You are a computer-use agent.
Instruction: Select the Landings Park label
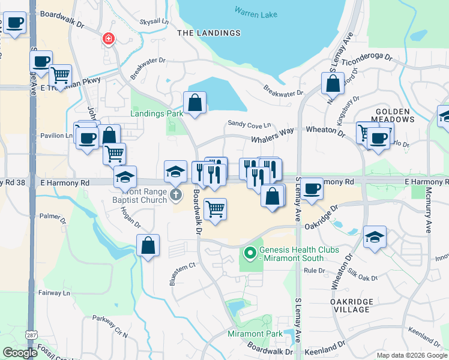pyautogui.click(x=157, y=113)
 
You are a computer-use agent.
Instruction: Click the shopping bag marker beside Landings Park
pyautogui.click(x=195, y=103)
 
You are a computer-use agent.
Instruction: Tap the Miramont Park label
pyautogui.click(x=255, y=334)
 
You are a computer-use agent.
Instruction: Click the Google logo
pyautogui.click(x=20, y=353)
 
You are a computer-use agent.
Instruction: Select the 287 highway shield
pyautogui.click(x=32, y=334)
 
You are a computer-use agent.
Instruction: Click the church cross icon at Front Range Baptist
pyautogui.click(x=176, y=194)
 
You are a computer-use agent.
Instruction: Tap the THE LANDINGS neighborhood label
pyautogui.click(x=209, y=33)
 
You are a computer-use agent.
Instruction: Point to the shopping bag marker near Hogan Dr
pyautogui.click(x=148, y=246)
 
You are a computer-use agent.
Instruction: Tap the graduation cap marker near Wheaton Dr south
pyautogui.click(x=375, y=237)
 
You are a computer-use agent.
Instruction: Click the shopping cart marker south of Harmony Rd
pyautogui.click(x=215, y=209)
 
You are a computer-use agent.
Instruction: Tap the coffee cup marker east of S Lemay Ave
pyautogui.click(x=312, y=189)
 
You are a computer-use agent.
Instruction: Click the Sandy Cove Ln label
pyautogui.click(x=249, y=124)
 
